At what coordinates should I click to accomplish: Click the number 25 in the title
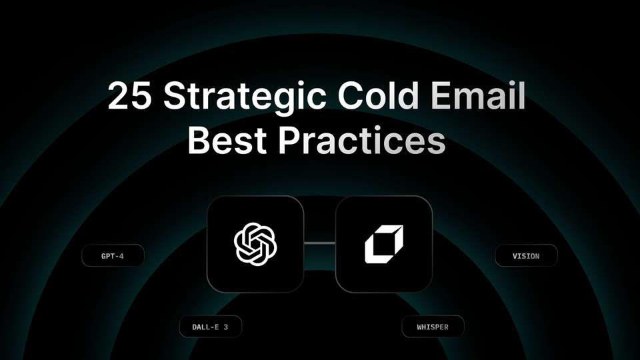coord(130,97)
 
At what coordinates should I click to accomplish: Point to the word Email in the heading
coord(477,97)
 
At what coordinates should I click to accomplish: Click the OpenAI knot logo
coord(255,244)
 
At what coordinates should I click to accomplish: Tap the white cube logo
coord(384,244)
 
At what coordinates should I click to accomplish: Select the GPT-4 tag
coord(113,256)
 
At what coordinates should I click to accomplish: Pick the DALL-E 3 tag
coord(210,327)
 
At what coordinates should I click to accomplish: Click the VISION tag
coord(526,255)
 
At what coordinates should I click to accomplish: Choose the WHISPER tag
coord(433,327)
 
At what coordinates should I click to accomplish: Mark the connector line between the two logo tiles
coord(319,244)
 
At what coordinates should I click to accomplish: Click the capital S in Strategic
coord(174,97)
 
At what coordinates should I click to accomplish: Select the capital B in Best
coord(199,141)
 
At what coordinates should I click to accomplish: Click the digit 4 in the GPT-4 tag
coord(122,256)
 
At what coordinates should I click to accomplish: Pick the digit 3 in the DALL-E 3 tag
coord(229,327)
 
